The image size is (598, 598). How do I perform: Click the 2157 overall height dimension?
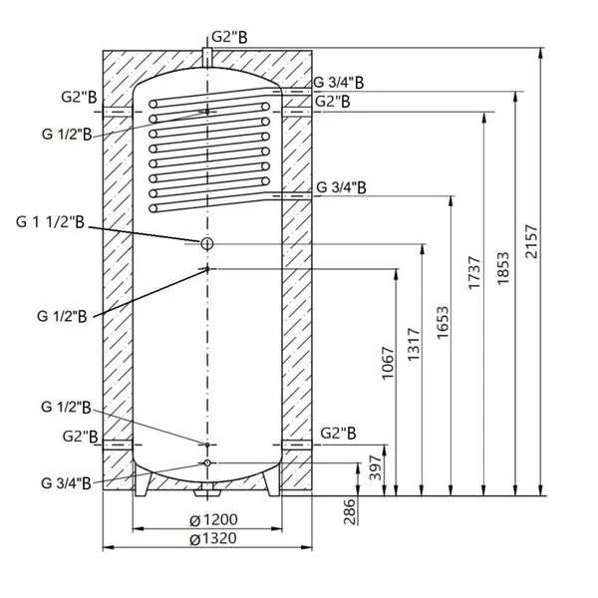pyautogui.click(x=531, y=242)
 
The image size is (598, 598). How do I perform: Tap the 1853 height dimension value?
pyautogui.click(x=503, y=268)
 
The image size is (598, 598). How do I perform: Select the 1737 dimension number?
pyautogui.click(x=474, y=273)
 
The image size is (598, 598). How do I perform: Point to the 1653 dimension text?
pyautogui.click(x=443, y=323)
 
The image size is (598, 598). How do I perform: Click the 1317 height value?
pyautogui.click(x=414, y=344)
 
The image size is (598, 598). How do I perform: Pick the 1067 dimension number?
pyautogui.click(x=388, y=363)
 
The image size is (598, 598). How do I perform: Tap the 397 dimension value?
pyautogui.click(x=376, y=468)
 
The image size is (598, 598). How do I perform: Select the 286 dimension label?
pyautogui.click(x=350, y=511)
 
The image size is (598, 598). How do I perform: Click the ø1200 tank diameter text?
pyautogui.click(x=213, y=520)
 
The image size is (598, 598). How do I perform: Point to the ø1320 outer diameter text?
pyautogui.click(x=213, y=539)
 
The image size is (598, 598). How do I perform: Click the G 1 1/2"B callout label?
pyautogui.click(x=50, y=222)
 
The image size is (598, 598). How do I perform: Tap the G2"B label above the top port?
pyautogui.click(x=229, y=38)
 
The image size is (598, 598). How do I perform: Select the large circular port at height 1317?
pyautogui.click(x=206, y=243)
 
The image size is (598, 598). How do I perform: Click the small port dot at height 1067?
pyautogui.click(x=207, y=269)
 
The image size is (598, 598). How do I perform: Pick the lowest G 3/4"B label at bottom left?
pyautogui.click(x=66, y=483)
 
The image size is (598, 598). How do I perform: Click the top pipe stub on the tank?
pyautogui.click(x=207, y=58)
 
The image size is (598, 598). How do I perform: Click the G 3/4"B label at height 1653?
pyautogui.click(x=341, y=187)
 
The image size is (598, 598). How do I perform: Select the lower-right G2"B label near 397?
pyautogui.click(x=338, y=434)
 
